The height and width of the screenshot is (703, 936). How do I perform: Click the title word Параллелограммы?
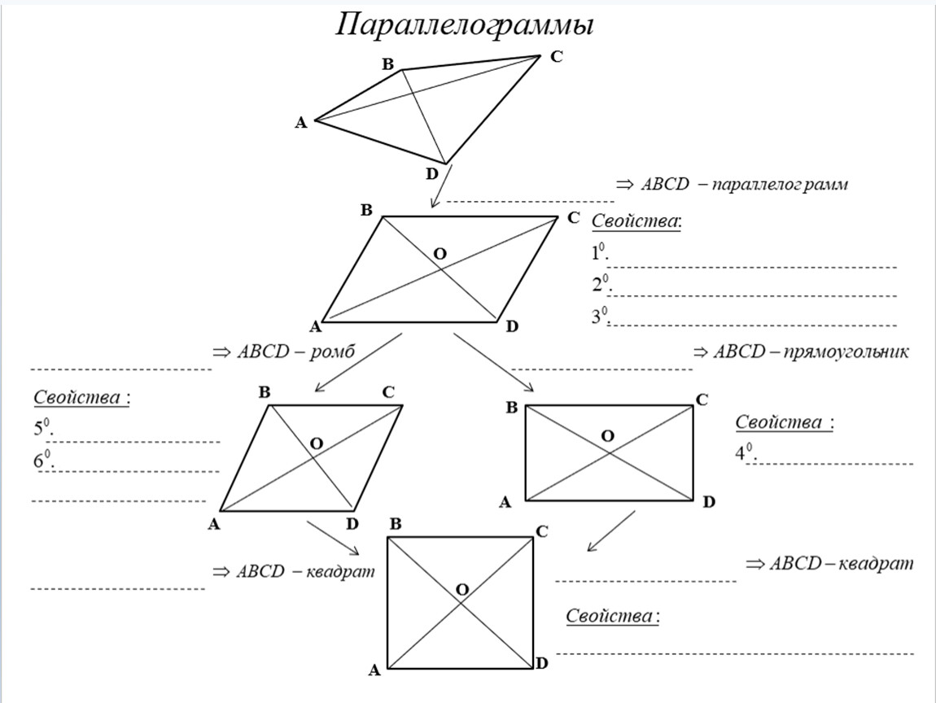tap(465, 25)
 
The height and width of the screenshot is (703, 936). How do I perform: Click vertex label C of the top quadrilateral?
tap(557, 57)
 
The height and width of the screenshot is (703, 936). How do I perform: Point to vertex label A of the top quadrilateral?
tap(300, 123)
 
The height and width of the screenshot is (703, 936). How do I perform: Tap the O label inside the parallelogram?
tap(440, 254)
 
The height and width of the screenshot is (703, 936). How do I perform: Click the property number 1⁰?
tap(600, 254)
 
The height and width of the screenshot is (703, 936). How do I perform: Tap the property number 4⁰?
tap(744, 454)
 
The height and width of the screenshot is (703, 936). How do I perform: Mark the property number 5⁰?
tap(42, 430)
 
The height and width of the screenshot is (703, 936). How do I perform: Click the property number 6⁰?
tap(42, 461)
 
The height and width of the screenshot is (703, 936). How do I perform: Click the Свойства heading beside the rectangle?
tap(784, 422)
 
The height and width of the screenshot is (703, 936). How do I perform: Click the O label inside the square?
tap(462, 589)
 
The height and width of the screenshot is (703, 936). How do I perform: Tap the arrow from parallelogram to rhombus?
tap(356, 361)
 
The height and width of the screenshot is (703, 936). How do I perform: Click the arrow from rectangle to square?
tap(610, 531)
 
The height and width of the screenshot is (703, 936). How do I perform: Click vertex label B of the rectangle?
tap(511, 408)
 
